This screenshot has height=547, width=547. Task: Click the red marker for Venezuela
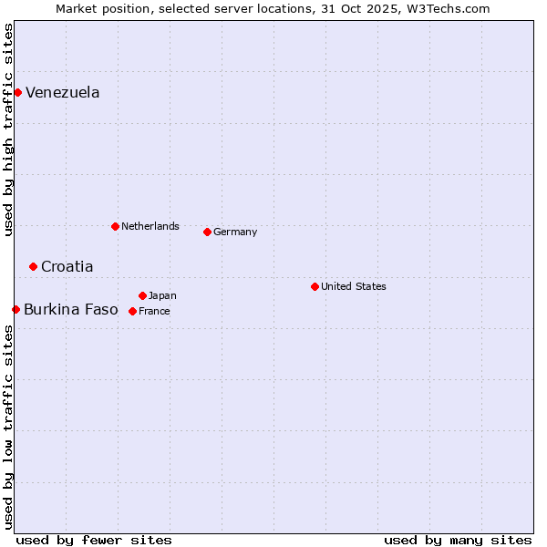17,92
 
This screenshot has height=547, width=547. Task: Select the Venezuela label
63,93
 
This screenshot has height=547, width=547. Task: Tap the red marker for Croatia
33,266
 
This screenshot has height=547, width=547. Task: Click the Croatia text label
67,267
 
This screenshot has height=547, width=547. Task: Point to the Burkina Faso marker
15,309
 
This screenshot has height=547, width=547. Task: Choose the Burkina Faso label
71,310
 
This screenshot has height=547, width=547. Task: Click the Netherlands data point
115,226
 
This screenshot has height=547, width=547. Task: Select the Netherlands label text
150,226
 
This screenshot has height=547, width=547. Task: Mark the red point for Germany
207,232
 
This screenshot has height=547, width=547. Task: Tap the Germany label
235,232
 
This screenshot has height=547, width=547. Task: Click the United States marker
315,286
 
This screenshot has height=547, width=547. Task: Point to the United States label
354,286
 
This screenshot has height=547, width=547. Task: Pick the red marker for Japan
142,295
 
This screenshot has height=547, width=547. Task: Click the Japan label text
163,296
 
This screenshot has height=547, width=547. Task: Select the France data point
132,311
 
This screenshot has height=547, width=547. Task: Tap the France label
154,312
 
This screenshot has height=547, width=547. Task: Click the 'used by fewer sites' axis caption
94,540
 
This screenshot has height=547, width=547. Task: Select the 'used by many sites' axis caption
458,540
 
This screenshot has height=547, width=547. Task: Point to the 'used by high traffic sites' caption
8,129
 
